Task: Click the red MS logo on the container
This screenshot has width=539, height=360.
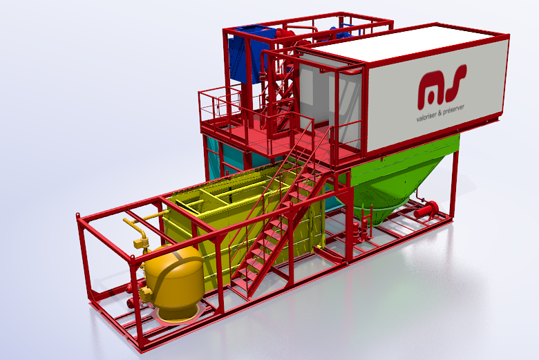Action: pyautogui.click(x=442, y=86)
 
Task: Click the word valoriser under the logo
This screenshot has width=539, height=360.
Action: pyautogui.click(x=426, y=117)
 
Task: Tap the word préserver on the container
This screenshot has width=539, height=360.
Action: pyautogui.click(x=454, y=110)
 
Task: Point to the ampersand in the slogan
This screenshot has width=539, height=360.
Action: pyautogui.click(x=440, y=114)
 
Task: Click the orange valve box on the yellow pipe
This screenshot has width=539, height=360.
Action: pyautogui.click(x=140, y=243)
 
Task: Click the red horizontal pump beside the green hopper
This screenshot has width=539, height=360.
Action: pyautogui.click(x=426, y=209)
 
